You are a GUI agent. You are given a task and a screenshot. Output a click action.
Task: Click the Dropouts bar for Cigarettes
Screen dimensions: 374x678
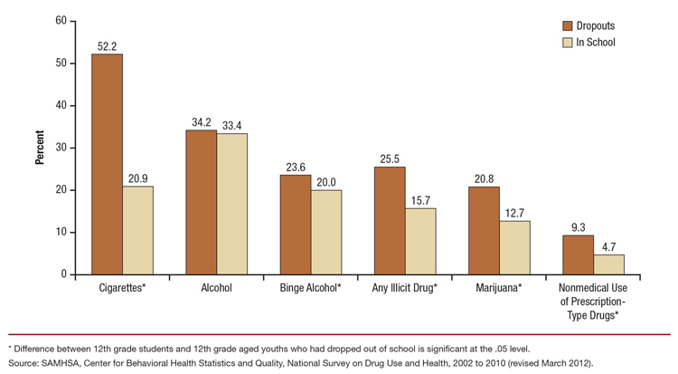click(x=108, y=164)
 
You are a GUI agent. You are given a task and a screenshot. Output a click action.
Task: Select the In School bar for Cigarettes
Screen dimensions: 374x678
click(x=138, y=230)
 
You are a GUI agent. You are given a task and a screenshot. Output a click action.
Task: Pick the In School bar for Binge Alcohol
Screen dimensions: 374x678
click(x=326, y=232)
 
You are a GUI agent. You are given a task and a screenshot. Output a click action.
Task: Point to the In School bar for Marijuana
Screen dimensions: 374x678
click(x=514, y=247)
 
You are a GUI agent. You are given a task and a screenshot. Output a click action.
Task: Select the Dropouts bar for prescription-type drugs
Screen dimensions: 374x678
click(x=578, y=254)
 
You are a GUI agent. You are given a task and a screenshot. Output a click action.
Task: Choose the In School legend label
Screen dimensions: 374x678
click(x=596, y=43)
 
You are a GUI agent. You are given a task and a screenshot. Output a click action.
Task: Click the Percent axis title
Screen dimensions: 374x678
click(x=39, y=147)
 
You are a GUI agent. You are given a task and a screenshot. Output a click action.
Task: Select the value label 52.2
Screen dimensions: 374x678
click(x=108, y=46)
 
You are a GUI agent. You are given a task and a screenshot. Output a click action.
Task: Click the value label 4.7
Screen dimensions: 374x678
click(x=608, y=247)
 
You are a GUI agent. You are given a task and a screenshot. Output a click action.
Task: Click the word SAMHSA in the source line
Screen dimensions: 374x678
click(x=61, y=361)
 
